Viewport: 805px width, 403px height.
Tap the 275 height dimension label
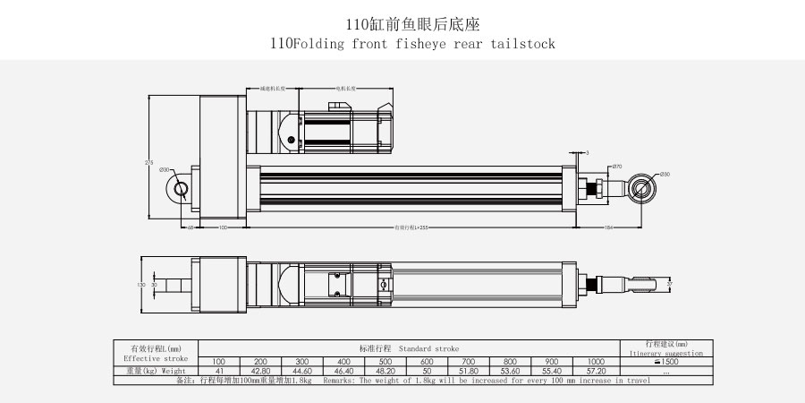point(148,162)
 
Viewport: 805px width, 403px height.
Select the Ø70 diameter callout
point(616,167)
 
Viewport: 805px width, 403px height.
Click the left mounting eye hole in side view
point(182,188)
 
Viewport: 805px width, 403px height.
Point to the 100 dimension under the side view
point(222,227)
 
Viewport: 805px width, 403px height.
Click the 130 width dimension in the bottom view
point(140,284)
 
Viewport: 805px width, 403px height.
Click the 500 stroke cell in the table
point(387,361)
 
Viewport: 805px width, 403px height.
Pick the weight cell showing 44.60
point(302,370)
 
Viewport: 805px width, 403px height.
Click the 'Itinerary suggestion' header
point(666,354)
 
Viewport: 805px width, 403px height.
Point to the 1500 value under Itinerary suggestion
point(666,362)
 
